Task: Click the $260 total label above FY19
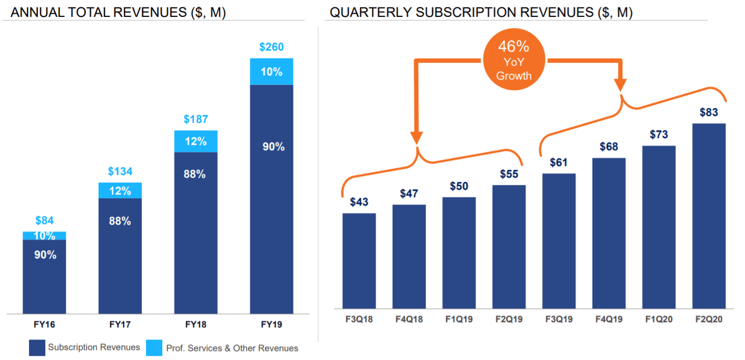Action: pos(271,47)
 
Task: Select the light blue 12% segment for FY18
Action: pos(195,141)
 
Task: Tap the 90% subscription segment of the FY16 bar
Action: pos(44,276)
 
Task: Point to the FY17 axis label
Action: pos(120,325)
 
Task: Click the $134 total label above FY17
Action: pos(120,171)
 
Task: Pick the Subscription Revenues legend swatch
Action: pos(37,348)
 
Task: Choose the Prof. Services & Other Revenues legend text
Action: pos(232,348)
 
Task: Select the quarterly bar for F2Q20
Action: pos(709,216)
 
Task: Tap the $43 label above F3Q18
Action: pos(359,202)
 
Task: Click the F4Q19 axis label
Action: pos(609,319)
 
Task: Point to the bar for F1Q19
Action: pos(459,253)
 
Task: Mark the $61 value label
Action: pos(558,162)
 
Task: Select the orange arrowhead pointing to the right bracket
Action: pos(621,84)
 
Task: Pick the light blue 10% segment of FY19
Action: pos(271,72)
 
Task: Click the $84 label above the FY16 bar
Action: pos(44,221)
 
